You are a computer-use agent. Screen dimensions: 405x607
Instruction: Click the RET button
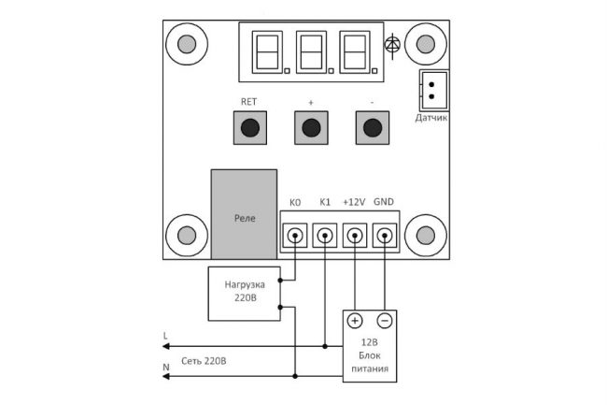click(249, 127)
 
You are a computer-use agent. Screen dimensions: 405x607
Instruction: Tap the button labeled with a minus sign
click(372, 127)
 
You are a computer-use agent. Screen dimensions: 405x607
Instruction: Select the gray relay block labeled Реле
click(244, 215)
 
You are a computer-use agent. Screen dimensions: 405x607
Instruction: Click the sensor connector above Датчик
click(432, 90)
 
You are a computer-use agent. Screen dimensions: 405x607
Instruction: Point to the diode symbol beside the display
click(393, 44)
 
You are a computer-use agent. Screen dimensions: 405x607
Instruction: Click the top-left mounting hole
click(186, 44)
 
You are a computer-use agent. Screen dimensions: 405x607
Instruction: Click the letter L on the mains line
click(165, 334)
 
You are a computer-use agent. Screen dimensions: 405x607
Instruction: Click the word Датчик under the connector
click(431, 118)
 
